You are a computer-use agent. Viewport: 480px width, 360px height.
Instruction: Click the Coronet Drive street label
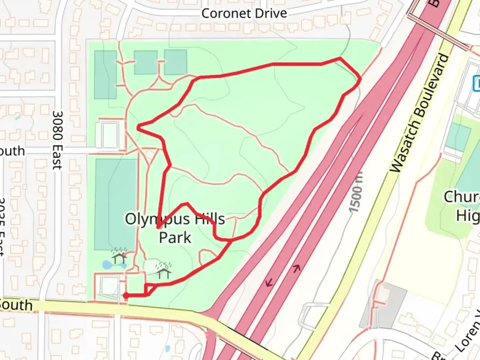point(244,14)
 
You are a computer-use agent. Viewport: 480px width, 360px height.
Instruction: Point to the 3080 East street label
point(57,140)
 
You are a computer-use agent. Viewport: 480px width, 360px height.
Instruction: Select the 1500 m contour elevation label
point(356,193)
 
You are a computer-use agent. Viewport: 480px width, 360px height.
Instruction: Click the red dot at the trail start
point(126,295)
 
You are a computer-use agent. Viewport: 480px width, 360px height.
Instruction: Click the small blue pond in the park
point(108,265)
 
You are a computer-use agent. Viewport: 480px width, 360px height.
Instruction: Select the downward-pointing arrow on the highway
point(269,283)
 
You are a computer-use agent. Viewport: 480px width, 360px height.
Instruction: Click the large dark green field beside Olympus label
point(115,204)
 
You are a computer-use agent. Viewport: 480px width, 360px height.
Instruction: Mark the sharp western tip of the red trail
point(138,127)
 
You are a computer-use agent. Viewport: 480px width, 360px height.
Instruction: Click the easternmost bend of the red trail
point(360,79)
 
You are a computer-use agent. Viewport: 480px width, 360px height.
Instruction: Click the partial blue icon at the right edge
point(477,83)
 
